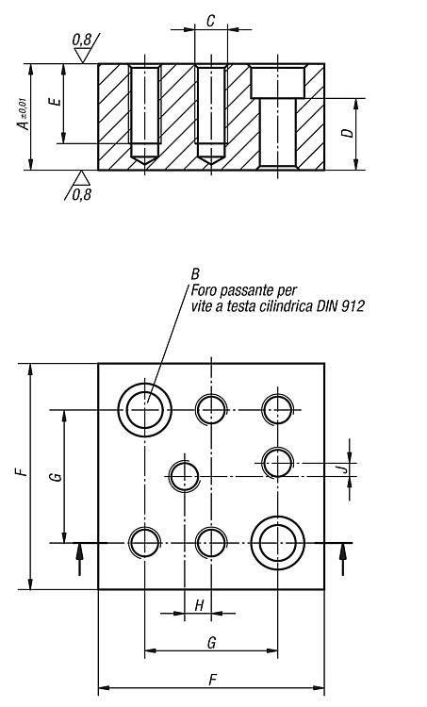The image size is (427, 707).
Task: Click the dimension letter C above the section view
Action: pos(210,21)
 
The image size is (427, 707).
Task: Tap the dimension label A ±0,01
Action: pos(24,115)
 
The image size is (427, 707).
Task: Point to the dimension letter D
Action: pos(347,133)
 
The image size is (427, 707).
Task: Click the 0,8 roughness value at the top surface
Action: pos(81,41)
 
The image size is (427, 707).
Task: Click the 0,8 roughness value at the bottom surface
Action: pos(82,195)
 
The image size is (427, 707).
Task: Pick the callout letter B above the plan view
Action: pos(195,274)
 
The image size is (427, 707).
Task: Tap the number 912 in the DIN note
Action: pos(353,306)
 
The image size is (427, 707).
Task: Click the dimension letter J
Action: pos(344,469)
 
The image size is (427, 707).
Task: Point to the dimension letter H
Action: pos(199,605)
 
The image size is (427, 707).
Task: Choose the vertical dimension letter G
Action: pos(57,476)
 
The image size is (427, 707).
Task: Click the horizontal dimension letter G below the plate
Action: pos(211,643)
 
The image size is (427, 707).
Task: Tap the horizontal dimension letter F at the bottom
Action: pos(213,680)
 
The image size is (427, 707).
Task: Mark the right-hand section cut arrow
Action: pos(343,560)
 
